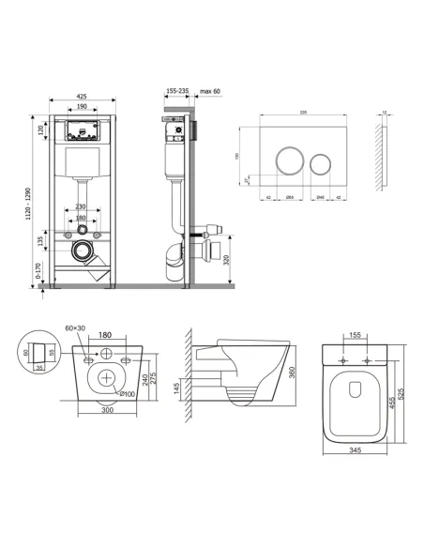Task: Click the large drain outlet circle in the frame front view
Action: pyautogui.click(x=83, y=252)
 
